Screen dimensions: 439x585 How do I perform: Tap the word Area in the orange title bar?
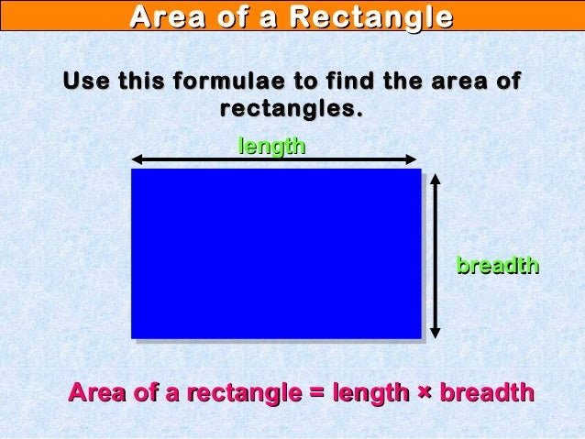[164, 16]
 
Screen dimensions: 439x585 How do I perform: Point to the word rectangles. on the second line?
[291, 109]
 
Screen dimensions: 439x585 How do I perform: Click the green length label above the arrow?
[271, 146]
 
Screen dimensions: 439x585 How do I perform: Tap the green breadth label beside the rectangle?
[497, 266]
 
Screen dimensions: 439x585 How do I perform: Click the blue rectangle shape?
[275, 253]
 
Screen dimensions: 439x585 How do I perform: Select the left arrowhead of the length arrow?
[138, 159]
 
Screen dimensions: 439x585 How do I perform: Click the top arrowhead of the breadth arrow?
[436, 176]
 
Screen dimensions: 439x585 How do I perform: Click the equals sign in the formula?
[316, 393]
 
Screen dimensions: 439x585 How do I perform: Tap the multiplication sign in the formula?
[425, 393]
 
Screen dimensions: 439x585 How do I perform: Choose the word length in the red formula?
[370, 393]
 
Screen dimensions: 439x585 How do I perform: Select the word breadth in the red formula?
[487, 393]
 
